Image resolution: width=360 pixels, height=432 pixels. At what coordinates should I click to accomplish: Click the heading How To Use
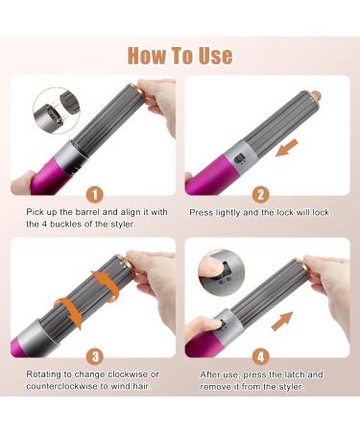[180, 54]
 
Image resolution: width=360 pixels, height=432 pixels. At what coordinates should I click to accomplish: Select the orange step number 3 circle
[94, 354]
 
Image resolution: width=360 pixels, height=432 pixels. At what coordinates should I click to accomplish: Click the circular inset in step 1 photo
[56, 113]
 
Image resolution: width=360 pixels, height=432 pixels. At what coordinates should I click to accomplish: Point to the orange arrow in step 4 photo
[280, 319]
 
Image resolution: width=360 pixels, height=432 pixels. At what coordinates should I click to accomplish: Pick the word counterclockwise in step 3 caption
[60, 387]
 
